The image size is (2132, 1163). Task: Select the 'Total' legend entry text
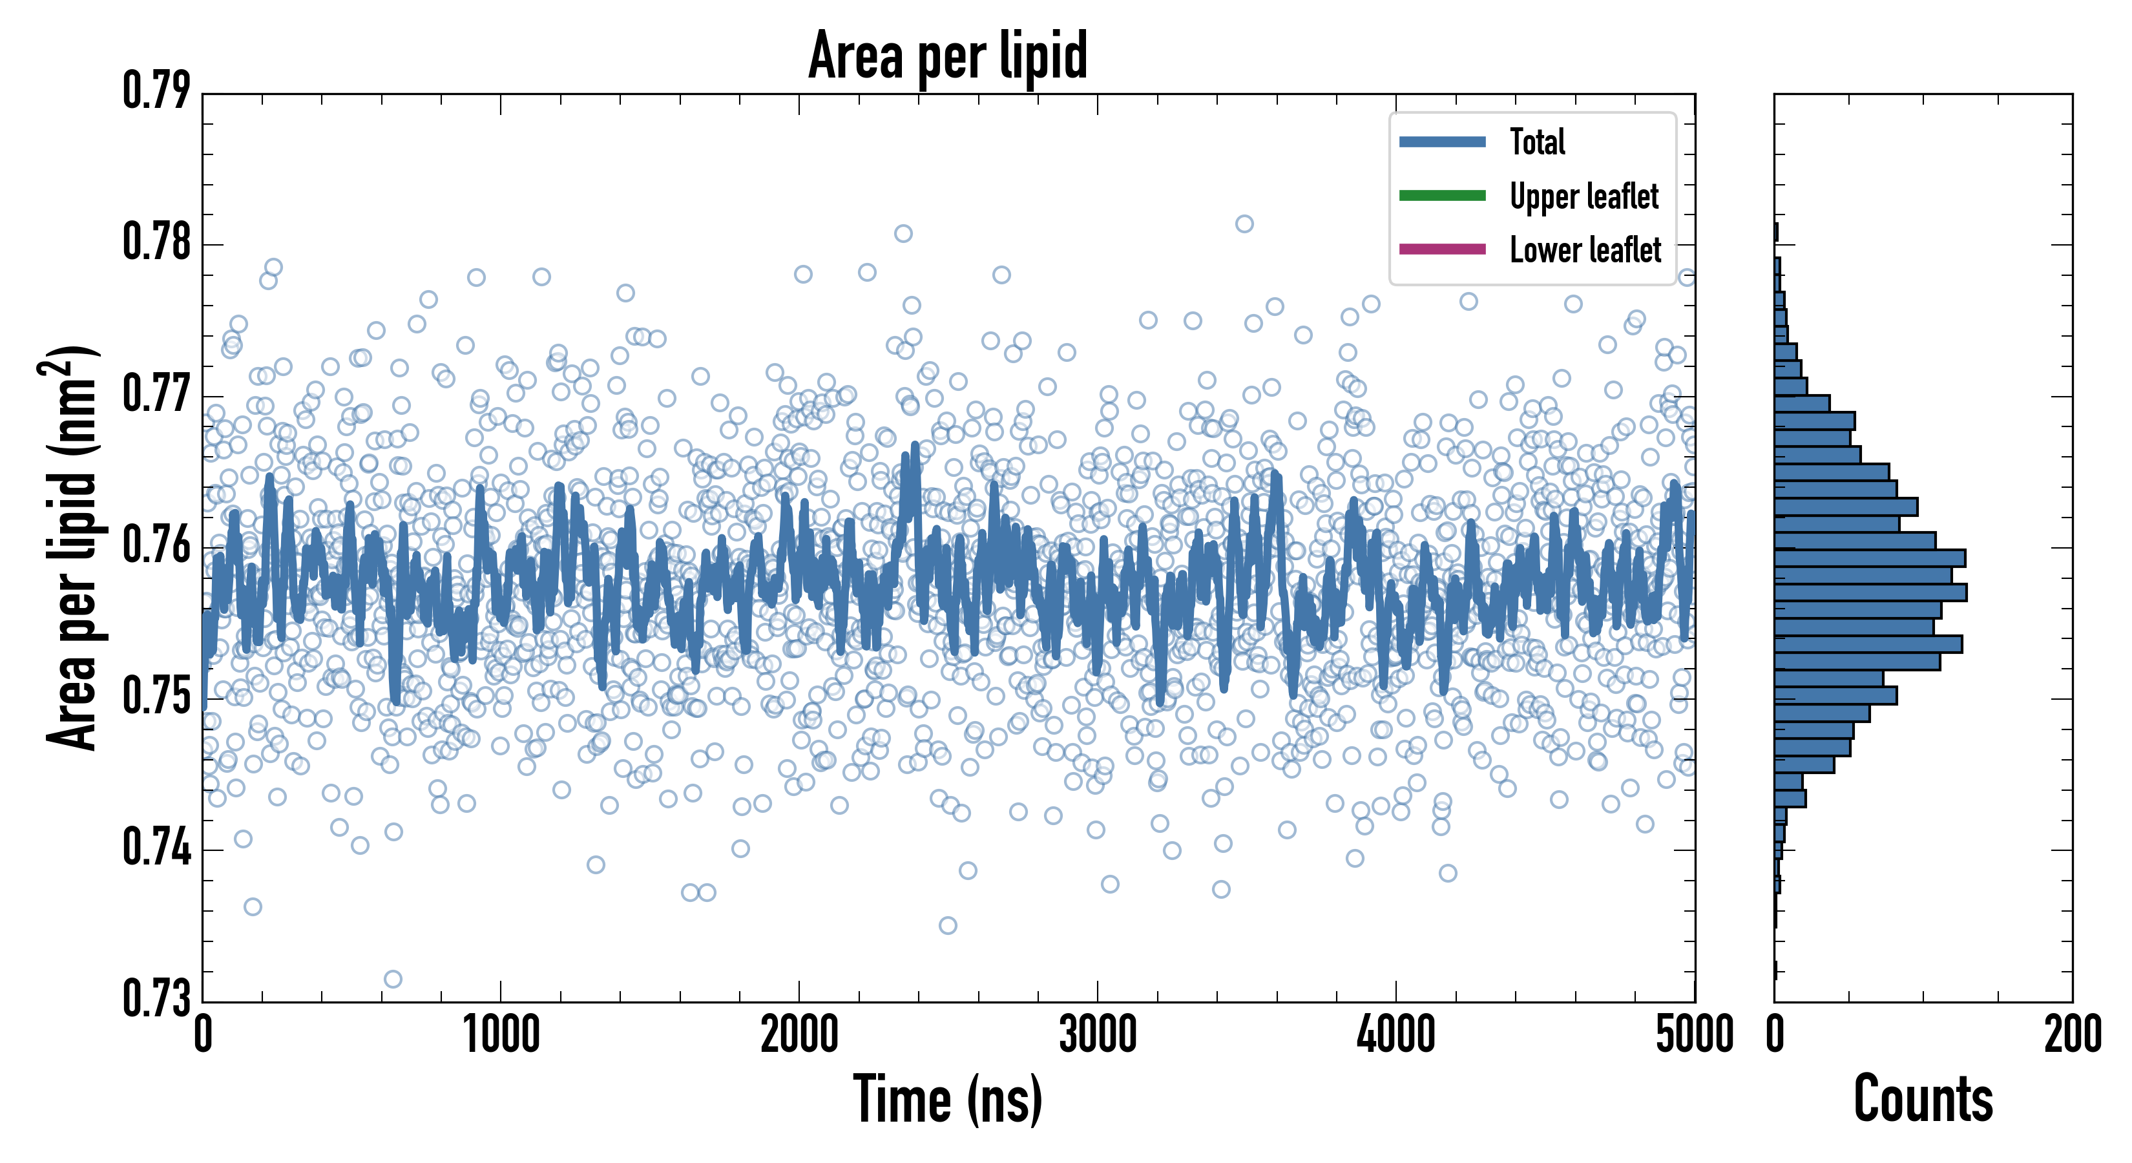point(1537,141)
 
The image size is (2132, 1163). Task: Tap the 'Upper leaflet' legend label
point(1583,196)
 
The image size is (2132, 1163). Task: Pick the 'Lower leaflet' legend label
point(1585,249)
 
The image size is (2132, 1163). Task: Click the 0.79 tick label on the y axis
point(156,91)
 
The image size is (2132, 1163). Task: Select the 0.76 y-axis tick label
point(156,545)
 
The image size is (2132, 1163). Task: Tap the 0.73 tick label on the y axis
point(156,998)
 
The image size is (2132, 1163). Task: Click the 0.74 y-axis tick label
point(156,848)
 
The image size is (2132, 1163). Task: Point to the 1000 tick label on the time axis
point(501,1034)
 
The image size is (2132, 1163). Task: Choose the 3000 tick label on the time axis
point(1098,1034)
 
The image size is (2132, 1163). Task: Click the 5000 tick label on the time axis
point(1693,1034)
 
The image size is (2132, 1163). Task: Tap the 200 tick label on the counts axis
point(2071,1034)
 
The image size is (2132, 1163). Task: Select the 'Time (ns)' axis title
point(948,1099)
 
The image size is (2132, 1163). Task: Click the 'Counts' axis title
point(1923,1099)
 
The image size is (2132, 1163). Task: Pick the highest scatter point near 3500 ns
point(1244,224)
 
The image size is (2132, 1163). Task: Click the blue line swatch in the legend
point(1442,141)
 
